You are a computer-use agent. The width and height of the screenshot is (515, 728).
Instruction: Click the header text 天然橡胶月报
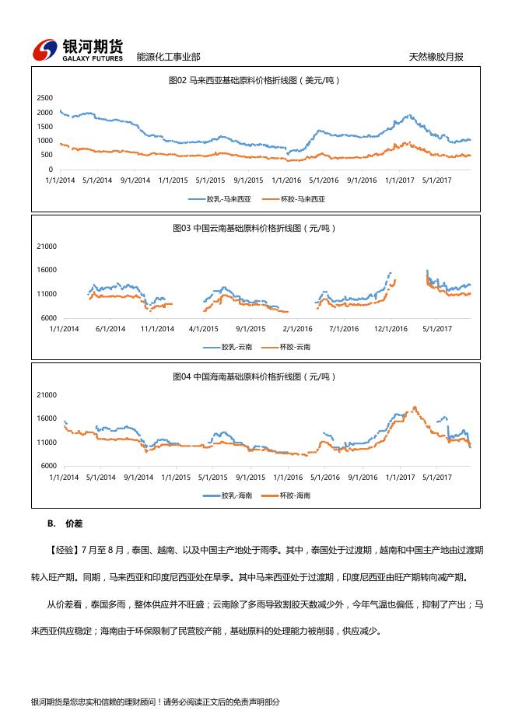pos(436,57)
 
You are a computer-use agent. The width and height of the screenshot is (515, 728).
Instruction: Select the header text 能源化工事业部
pos(168,57)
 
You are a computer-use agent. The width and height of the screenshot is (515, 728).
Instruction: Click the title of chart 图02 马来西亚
pos(255,80)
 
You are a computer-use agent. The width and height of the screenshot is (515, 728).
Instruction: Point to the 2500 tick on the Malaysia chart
pos(45,98)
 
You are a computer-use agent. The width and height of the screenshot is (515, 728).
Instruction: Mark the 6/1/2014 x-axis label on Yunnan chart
pos(110,329)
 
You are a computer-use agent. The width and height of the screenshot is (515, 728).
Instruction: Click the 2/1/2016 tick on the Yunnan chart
pos(297,329)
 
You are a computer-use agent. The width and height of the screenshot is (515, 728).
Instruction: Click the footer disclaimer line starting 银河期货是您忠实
pos(155,702)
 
